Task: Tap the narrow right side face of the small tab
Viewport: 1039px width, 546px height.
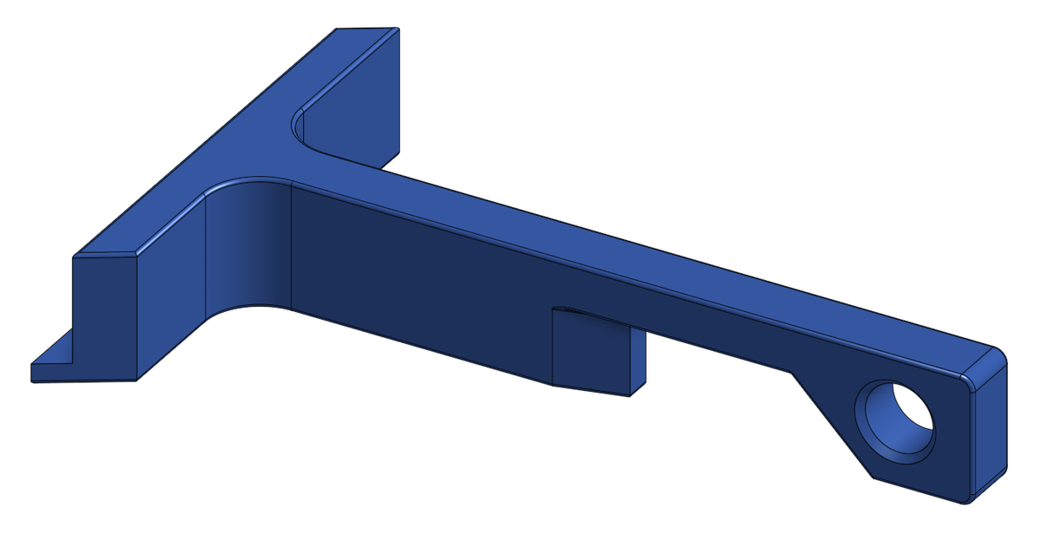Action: click(638, 361)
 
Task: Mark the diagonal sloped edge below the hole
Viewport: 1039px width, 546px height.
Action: click(831, 425)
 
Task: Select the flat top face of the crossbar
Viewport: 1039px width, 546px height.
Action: click(234, 147)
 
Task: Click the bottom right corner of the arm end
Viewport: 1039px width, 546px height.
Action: click(965, 500)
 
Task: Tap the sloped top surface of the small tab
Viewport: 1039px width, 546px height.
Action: click(597, 317)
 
